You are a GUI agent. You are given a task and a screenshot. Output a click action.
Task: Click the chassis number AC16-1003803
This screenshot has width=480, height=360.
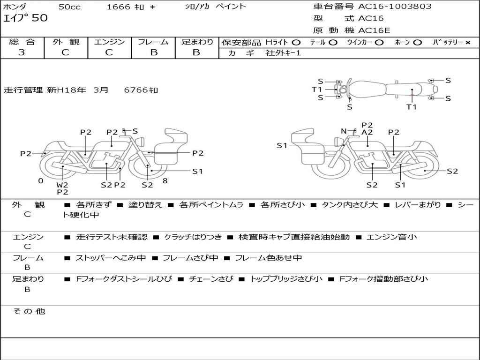[x=395, y=7]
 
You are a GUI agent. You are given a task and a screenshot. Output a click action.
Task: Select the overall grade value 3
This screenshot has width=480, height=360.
[x=22, y=52]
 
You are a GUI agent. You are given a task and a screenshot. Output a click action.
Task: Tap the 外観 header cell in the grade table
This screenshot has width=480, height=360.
[x=66, y=42]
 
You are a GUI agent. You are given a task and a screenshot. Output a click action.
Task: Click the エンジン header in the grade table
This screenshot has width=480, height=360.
[x=109, y=42]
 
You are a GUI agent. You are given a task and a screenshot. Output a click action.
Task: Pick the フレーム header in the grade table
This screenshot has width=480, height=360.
[x=153, y=42]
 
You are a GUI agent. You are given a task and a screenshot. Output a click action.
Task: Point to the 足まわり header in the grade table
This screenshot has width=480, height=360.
[x=197, y=42]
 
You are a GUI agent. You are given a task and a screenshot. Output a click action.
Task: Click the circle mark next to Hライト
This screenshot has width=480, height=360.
[x=296, y=43]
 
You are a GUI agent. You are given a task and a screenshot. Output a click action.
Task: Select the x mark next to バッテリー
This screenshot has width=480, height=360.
[x=467, y=43]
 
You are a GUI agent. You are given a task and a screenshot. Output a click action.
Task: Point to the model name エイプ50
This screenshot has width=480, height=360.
[x=25, y=18]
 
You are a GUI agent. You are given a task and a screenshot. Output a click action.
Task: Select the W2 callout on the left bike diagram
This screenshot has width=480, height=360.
[x=62, y=185]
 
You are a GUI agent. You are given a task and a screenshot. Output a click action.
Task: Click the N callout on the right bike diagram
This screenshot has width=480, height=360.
[x=344, y=131]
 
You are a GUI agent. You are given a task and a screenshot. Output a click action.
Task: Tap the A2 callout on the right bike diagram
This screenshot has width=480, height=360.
[x=367, y=132]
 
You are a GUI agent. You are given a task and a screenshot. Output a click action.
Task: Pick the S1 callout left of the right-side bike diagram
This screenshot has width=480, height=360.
[x=282, y=146]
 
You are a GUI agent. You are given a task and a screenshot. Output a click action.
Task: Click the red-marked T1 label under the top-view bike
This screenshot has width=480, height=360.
[x=411, y=107]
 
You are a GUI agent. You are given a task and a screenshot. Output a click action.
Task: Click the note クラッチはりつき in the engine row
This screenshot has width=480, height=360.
[x=193, y=237]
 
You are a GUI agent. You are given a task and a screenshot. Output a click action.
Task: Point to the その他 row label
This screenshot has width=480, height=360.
[x=29, y=311]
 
